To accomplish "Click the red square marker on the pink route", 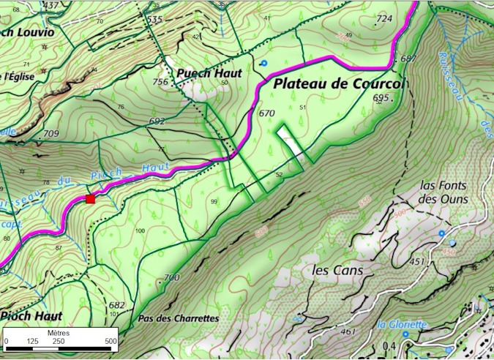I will click(90, 199).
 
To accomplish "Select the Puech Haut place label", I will click(209, 73).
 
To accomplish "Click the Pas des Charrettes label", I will click(178, 319).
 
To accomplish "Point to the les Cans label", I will click(332, 271).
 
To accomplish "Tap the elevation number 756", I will click(160, 82).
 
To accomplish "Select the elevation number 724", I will click(384, 18).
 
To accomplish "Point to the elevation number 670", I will click(266, 113).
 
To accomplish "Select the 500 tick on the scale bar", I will click(111, 341).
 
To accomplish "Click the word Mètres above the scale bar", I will click(59, 331).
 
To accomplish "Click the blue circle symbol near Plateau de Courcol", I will click(263, 64).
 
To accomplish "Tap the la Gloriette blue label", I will click(403, 324).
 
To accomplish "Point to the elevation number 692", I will click(156, 121).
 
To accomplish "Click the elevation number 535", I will click(154, 19).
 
